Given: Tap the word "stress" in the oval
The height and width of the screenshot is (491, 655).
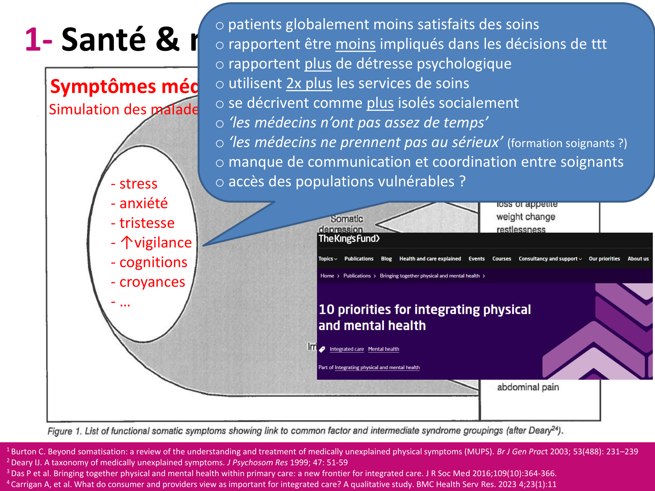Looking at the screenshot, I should pyautogui.click(x=138, y=184).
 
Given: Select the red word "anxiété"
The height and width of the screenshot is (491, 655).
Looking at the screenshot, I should pyautogui.click(x=143, y=203).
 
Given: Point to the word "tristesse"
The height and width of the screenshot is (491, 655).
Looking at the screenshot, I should pyautogui.click(x=147, y=223).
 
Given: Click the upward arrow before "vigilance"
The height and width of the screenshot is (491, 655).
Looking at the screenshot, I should pyautogui.click(x=127, y=243).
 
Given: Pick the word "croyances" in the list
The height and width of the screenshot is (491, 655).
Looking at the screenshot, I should pyautogui.click(x=152, y=282).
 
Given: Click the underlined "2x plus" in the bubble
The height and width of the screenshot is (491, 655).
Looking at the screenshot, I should pyautogui.click(x=309, y=83).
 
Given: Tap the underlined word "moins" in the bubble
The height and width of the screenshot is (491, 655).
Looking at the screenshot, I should pyautogui.click(x=355, y=44).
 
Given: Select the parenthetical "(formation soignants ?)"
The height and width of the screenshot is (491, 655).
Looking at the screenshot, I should pyautogui.click(x=567, y=144).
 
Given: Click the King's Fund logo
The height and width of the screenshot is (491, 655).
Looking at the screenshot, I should pyautogui.click(x=349, y=239).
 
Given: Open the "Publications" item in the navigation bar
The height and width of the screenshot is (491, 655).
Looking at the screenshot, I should pyautogui.click(x=359, y=259).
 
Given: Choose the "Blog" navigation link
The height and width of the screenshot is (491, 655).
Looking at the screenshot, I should pyautogui.click(x=386, y=259).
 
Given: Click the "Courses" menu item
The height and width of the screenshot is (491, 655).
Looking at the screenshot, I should pyautogui.click(x=501, y=259).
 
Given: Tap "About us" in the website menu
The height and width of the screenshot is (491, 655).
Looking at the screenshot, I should pyautogui.click(x=638, y=259).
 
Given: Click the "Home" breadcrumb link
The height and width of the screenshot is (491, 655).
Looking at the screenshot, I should pyautogui.click(x=327, y=276).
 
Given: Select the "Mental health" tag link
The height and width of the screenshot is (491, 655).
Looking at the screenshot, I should pyautogui.click(x=383, y=349).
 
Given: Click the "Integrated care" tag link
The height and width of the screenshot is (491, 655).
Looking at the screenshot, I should pyautogui.click(x=347, y=349).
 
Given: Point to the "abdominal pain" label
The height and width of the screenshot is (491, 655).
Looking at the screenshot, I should pyautogui.click(x=528, y=387).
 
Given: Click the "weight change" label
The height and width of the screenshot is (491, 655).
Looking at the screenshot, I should pyautogui.click(x=526, y=217).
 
